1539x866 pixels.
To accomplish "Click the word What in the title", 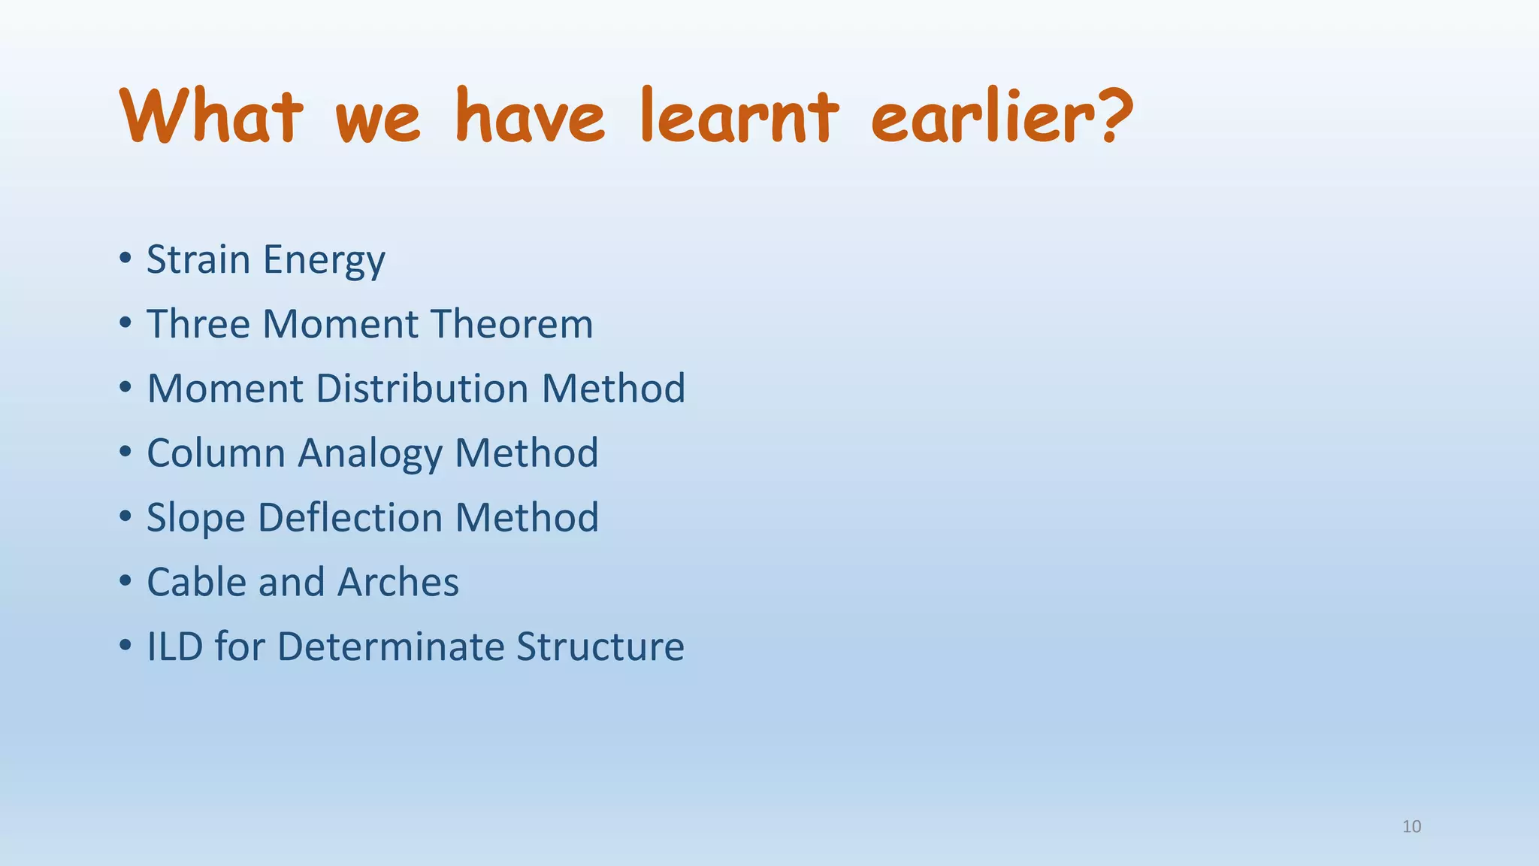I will coord(211,116).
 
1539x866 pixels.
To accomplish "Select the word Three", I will coord(198,324).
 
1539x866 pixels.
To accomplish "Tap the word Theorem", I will coord(512,324).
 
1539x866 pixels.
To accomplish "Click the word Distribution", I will coord(422,389).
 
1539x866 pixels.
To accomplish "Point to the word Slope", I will coord(196,519).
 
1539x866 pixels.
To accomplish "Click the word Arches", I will coord(398,582).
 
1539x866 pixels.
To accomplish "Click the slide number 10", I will coord(1411,827).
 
